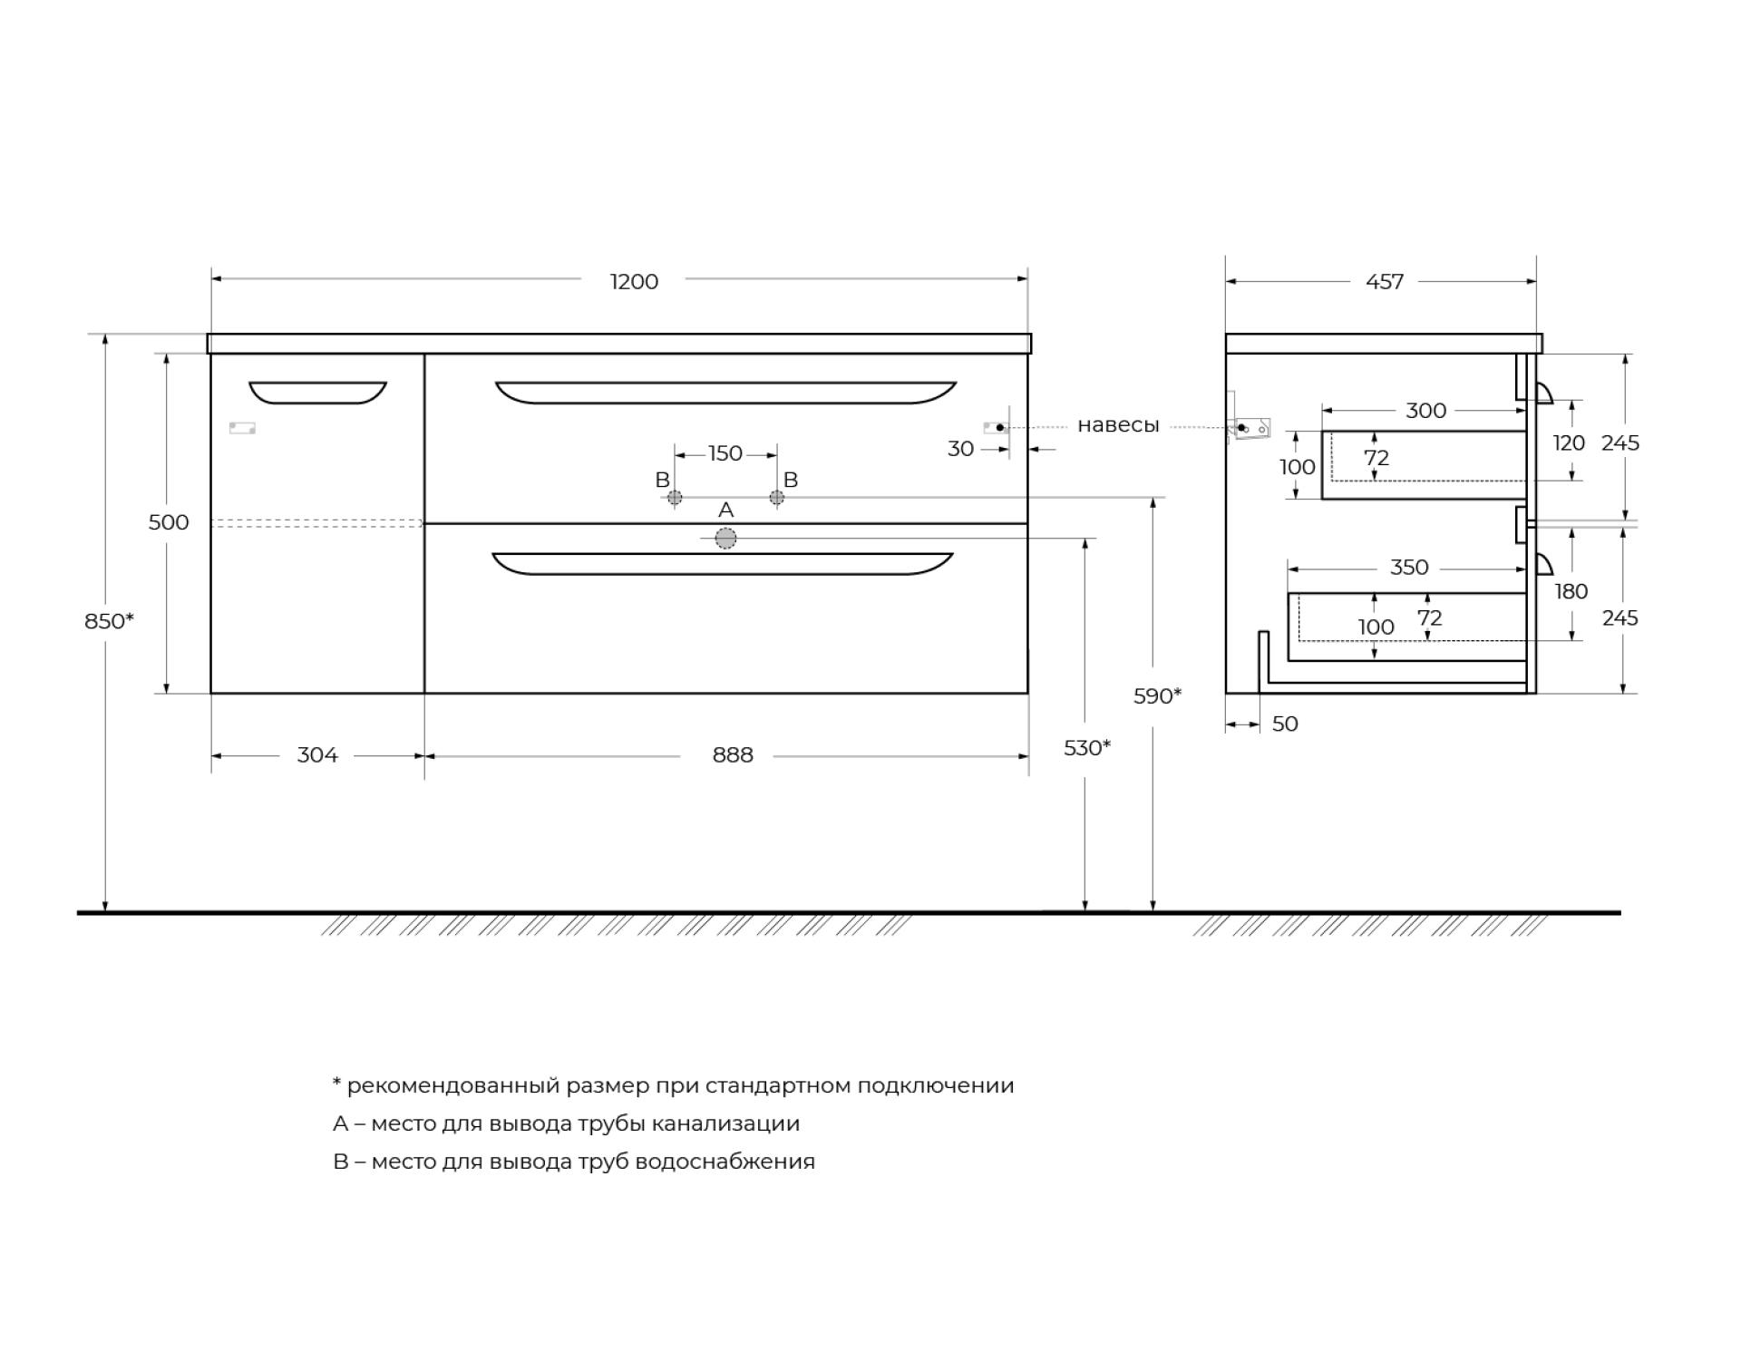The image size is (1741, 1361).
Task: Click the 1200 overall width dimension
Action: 634,282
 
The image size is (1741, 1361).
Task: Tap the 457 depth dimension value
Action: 1385,282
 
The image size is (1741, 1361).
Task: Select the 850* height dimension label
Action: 109,621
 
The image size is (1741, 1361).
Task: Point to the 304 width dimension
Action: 317,755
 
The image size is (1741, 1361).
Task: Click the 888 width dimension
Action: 733,755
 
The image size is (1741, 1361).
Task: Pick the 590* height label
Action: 1158,696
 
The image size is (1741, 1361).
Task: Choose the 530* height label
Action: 1087,748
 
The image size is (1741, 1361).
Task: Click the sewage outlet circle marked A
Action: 725,540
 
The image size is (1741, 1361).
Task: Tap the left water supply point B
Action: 675,498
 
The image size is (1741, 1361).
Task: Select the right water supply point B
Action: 777,498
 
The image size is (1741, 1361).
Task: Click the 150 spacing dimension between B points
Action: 725,453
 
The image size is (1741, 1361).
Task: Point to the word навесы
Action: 1118,426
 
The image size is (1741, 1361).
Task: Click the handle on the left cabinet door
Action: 317,393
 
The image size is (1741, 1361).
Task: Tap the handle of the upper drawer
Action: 725,393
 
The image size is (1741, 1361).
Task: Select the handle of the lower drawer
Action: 722,564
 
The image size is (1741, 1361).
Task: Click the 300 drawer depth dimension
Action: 1425,411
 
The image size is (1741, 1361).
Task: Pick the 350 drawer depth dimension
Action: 1409,568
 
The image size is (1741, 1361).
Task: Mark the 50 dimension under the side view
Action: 1285,724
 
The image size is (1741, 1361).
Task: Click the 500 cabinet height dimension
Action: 169,522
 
